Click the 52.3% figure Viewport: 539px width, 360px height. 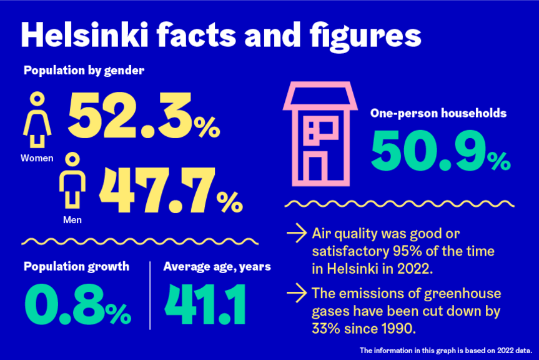click(144, 116)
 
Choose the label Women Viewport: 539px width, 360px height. click(37, 158)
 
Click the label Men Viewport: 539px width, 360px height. click(72, 219)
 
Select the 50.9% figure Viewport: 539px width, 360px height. click(440, 152)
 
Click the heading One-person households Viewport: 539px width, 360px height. click(438, 114)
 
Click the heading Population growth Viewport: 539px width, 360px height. click(76, 267)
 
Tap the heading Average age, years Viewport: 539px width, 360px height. click(217, 267)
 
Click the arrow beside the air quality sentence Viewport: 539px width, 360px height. click(295, 235)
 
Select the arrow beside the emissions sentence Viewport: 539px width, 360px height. click(295, 292)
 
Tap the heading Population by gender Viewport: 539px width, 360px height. click(84, 71)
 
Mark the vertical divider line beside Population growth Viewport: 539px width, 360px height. click(151, 294)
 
